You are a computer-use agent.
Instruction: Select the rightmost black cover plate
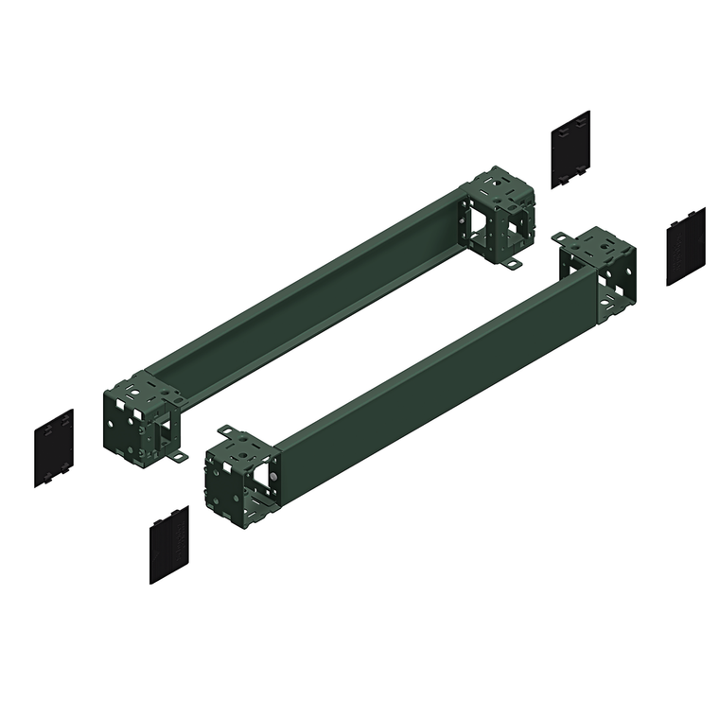[685, 246]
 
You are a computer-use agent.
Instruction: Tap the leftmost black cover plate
[54, 447]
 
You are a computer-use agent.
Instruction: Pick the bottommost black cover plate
[169, 544]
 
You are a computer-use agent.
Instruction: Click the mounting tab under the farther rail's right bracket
[512, 264]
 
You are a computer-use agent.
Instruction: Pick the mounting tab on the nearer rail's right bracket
[561, 237]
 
